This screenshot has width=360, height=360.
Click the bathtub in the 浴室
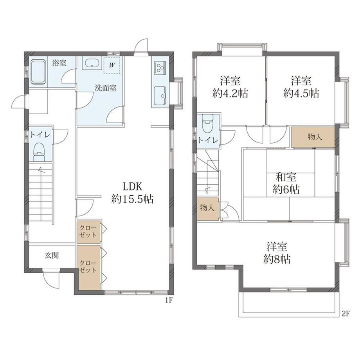tap(38, 72)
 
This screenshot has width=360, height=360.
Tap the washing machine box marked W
tap(112, 65)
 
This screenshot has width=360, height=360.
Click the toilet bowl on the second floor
tap(207, 124)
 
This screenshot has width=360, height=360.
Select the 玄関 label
tap(52, 255)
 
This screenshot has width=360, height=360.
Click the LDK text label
tap(133, 187)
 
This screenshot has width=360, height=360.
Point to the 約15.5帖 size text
tap(133, 199)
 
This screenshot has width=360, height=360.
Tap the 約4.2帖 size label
tap(230, 94)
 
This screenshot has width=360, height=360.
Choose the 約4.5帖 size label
tap(301, 94)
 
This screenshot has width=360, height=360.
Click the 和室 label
tap(286, 177)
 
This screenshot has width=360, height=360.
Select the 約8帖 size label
tap(277, 259)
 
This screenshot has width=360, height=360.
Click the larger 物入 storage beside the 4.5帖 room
tap(313, 137)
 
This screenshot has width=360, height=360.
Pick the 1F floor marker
tap(169, 301)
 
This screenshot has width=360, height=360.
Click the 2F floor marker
tap(345, 314)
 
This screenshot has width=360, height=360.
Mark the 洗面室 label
tap(106, 88)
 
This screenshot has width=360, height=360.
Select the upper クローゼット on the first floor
tap(88, 232)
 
